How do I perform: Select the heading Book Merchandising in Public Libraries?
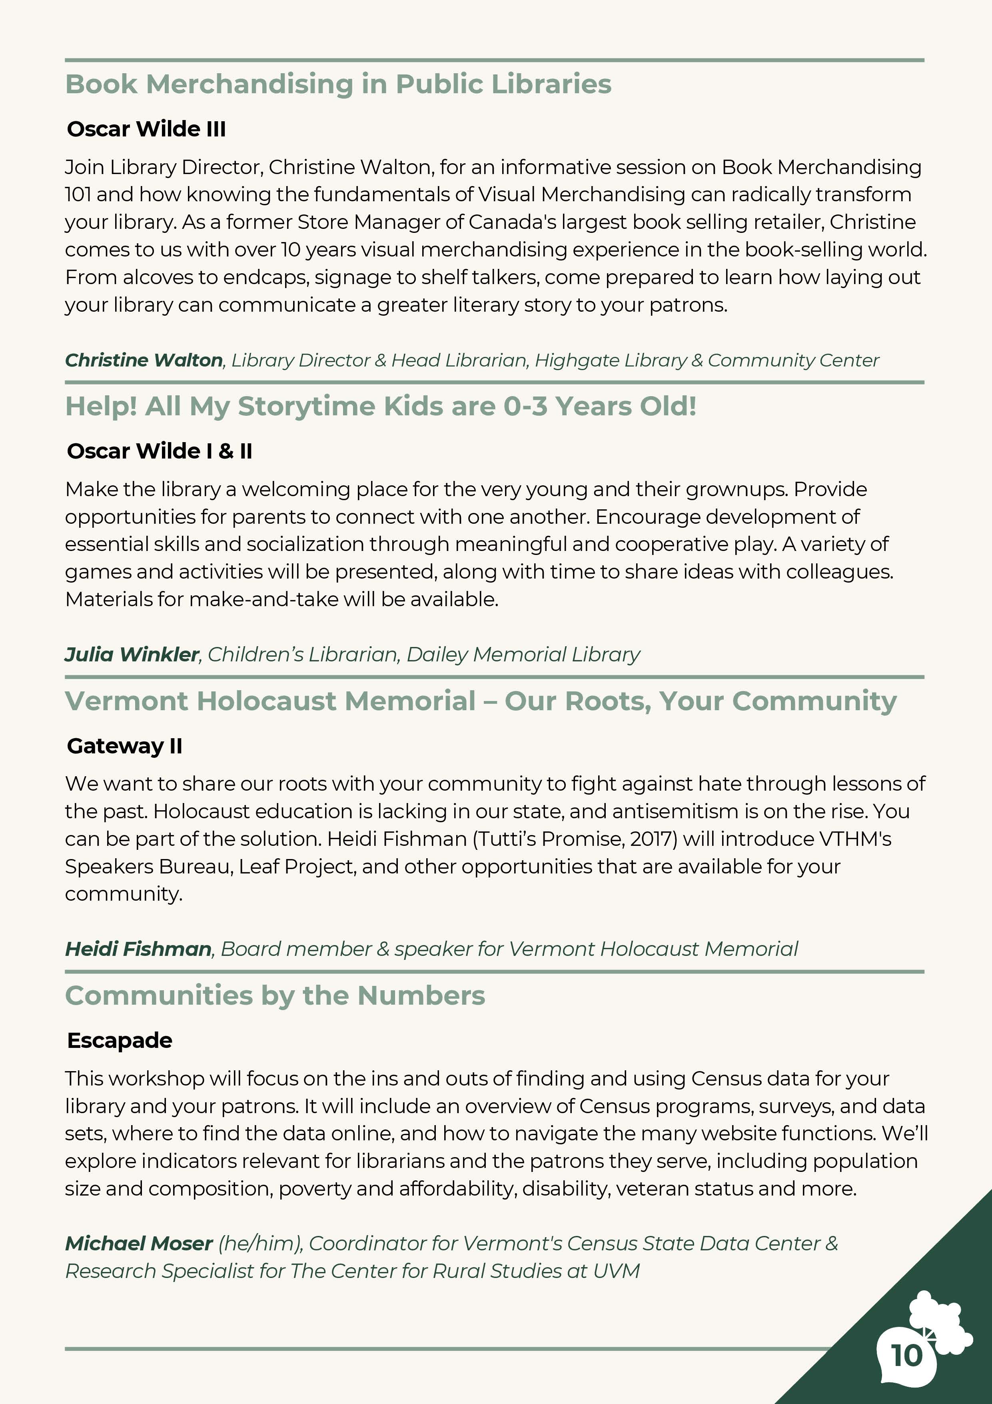tap(338, 84)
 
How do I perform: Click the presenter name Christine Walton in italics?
tap(144, 360)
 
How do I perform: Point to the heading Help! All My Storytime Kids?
tap(380, 407)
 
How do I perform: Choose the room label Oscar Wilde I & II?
tap(160, 451)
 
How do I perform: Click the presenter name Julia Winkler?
tap(132, 654)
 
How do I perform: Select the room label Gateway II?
tap(125, 746)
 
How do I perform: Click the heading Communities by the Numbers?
tap(275, 995)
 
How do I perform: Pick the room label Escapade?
tap(120, 1040)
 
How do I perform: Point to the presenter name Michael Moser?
tap(139, 1243)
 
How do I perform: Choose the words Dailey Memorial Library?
tap(523, 654)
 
